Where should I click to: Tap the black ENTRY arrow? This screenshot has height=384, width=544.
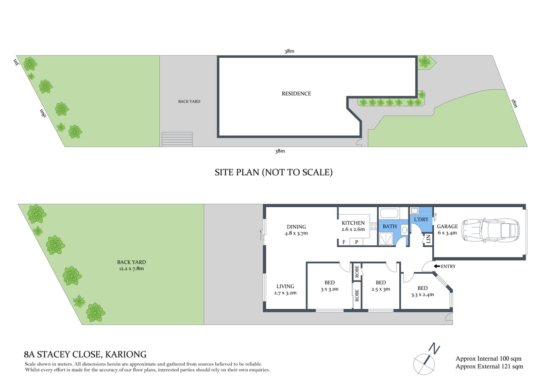click(437, 266)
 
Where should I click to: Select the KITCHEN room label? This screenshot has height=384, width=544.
click(353, 223)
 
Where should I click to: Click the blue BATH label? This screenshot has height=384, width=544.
click(390, 226)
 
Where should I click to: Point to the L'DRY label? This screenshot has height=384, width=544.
click(421, 219)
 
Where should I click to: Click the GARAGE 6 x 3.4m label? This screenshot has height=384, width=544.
click(447, 230)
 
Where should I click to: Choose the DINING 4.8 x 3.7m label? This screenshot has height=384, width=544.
click(296, 230)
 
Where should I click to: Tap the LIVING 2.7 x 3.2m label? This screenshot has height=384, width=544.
click(286, 289)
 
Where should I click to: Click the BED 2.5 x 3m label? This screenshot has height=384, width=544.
click(381, 286)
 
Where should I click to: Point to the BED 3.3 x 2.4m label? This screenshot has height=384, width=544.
click(422, 291)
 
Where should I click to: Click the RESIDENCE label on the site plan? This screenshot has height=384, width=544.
click(296, 94)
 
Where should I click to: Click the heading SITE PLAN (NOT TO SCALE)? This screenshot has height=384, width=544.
click(273, 172)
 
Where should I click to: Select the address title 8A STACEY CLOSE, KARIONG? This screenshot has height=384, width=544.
click(85, 354)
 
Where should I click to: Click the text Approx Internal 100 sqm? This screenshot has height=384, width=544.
click(489, 359)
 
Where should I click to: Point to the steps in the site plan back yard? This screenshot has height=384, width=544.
click(177, 139)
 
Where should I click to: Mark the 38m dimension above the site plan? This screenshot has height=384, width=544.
click(289, 51)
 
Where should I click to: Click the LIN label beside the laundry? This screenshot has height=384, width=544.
click(428, 239)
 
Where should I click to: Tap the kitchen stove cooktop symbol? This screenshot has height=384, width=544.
click(374, 225)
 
